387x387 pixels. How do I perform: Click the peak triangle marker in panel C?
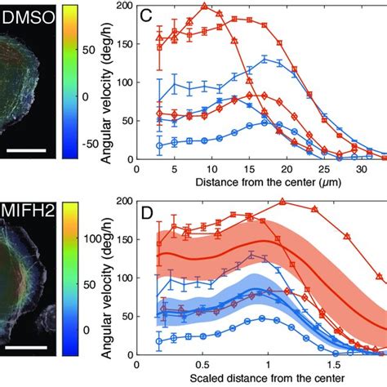tap(205, 7)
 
